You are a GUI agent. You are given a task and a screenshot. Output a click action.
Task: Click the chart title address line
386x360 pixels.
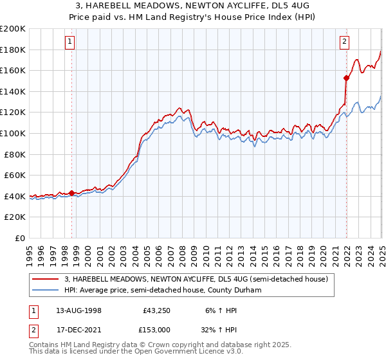193,5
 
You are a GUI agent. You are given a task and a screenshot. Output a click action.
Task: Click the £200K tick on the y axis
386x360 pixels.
13,29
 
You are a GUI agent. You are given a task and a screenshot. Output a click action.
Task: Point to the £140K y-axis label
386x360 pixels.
13,91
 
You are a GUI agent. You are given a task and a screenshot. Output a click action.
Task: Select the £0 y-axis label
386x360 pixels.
21,238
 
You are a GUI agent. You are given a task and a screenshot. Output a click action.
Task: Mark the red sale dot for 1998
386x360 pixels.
71,192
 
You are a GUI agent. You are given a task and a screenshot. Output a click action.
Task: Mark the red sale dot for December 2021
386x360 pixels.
346,78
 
